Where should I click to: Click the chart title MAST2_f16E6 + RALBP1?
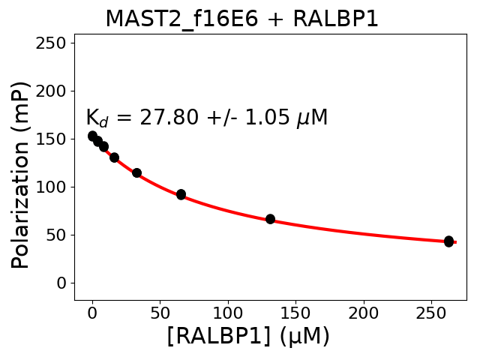point(241,19)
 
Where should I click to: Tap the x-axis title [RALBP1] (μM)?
point(248,337)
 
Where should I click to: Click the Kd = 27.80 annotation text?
point(206,118)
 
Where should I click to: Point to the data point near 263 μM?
point(448,241)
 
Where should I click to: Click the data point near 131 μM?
point(270,219)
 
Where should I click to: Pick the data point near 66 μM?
point(181,194)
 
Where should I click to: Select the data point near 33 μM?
point(136,172)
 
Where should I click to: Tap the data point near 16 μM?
point(114,157)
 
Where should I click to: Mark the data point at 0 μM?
point(92,136)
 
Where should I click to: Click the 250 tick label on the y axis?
point(53,43)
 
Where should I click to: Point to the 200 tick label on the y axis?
point(53,91)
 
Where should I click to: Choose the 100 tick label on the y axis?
point(53,187)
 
